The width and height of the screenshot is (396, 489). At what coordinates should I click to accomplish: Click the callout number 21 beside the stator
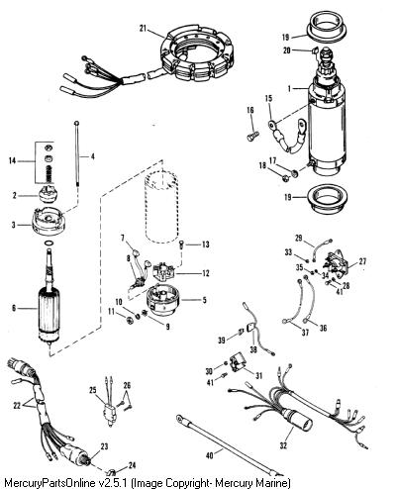143,29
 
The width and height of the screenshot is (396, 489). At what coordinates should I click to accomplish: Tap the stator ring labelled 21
197,57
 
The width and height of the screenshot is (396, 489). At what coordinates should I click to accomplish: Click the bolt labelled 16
253,136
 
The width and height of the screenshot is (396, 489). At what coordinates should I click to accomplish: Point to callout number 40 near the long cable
209,455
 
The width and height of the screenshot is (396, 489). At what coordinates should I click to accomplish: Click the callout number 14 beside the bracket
12,161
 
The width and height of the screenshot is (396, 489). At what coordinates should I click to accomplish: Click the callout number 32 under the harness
283,445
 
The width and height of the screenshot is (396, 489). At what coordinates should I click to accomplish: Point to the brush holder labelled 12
164,271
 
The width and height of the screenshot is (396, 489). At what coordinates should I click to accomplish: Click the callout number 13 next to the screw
206,244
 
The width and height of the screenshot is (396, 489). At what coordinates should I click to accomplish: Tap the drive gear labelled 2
49,194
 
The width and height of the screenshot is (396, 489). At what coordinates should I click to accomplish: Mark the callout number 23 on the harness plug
104,446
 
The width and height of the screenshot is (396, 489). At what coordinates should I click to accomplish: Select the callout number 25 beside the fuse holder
93,390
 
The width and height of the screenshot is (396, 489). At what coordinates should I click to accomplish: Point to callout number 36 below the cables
323,328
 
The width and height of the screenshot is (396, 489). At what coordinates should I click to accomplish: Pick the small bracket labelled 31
238,362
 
